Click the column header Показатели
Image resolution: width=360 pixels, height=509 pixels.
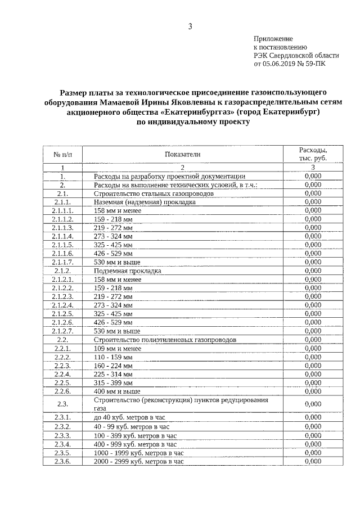182,154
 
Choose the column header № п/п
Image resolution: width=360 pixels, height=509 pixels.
62,154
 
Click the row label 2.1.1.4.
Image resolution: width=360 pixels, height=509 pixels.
62,236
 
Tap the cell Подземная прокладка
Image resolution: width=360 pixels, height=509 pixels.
128,271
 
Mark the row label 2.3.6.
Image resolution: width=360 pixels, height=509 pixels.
62,461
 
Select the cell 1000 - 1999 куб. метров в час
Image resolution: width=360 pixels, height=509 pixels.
139,452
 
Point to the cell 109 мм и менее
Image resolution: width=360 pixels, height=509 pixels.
118,349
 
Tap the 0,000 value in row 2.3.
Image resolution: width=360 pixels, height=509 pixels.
313,404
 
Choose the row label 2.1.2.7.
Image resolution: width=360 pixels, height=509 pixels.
62,331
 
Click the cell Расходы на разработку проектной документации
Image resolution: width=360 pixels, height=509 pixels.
169,176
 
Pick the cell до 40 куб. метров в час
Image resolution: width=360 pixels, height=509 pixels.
132,417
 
